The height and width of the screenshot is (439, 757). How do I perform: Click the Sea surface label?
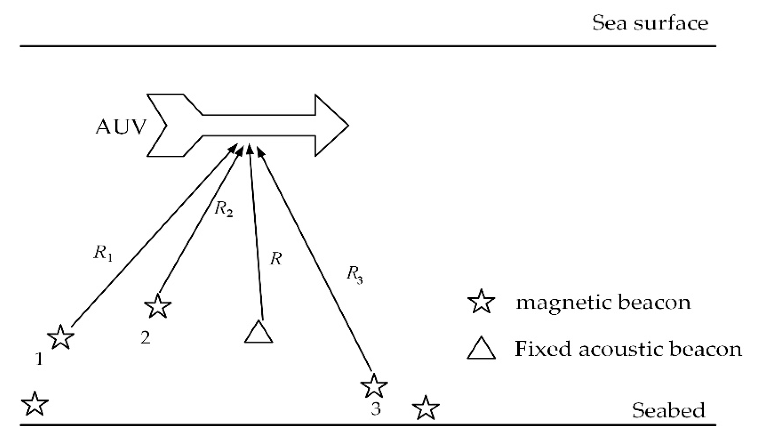(650, 24)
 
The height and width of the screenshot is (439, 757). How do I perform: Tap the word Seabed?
(668, 410)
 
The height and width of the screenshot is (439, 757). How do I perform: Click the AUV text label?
(121, 127)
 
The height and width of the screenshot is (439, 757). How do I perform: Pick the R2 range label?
(224, 209)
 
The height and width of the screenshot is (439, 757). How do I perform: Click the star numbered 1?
(61, 337)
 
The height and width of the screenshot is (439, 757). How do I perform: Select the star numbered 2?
(158, 306)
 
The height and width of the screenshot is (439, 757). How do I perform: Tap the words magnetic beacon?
(603, 302)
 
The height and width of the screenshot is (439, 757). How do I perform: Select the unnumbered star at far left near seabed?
(35, 404)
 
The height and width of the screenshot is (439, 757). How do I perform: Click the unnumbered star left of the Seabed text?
(426, 408)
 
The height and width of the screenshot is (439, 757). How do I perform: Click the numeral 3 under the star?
(376, 409)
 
